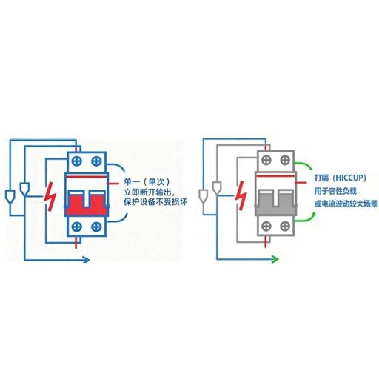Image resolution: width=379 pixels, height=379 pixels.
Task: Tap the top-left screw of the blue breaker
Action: pyautogui.click(x=77, y=161)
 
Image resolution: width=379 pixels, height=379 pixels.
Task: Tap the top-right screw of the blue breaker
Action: pyautogui.click(x=96, y=161)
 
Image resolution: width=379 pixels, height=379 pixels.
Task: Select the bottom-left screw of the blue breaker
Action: pyautogui.click(x=77, y=227)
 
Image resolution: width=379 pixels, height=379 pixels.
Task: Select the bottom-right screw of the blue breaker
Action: pyautogui.click(x=96, y=227)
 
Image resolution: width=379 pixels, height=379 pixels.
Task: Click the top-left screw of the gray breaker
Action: pyautogui.click(x=266, y=160)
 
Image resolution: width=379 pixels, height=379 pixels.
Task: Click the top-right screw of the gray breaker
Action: pyautogui.click(x=285, y=160)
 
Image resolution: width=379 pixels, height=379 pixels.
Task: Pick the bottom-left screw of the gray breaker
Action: pyautogui.click(x=266, y=226)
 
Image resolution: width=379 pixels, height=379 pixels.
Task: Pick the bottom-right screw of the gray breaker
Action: pyautogui.click(x=285, y=226)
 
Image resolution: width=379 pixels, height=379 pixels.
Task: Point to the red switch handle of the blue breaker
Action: pyautogui.click(x=87, y=205)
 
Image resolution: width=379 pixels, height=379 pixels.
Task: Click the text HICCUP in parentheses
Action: pyautogui.click(x=349, y=178)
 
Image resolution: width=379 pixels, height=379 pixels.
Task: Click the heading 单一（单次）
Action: pyautogui.click(x=147, y=182)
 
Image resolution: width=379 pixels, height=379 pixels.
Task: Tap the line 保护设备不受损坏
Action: pyautogui.click(x=155, y=202)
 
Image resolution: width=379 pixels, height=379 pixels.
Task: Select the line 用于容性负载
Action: pyautogui.click(x=335, y=191)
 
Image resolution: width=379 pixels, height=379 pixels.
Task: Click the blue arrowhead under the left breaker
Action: pyautogui.click(x=86, y=260)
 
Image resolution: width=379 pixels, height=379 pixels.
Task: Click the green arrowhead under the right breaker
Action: pyautogui.click(x=275, y=259)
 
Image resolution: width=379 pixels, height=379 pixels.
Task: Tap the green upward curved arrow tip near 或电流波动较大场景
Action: pyautogui.click(x=314, y=215)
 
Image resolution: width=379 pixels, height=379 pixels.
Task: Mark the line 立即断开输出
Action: pyautogui.click(x=150, y=192)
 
